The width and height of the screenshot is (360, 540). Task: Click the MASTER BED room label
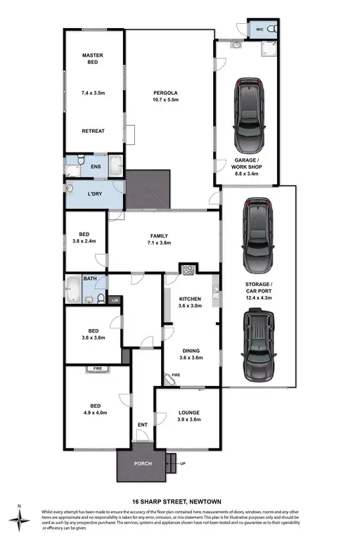tap(93, 58)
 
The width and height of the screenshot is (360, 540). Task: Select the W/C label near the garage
tap(259, 30)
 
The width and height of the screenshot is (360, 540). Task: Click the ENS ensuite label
tap(96, 167)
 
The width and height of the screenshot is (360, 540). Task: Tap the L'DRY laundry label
tap(94, 194)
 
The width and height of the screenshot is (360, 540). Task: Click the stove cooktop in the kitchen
tap(188, 269)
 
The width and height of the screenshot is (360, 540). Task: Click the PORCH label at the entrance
tap(143, 464)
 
